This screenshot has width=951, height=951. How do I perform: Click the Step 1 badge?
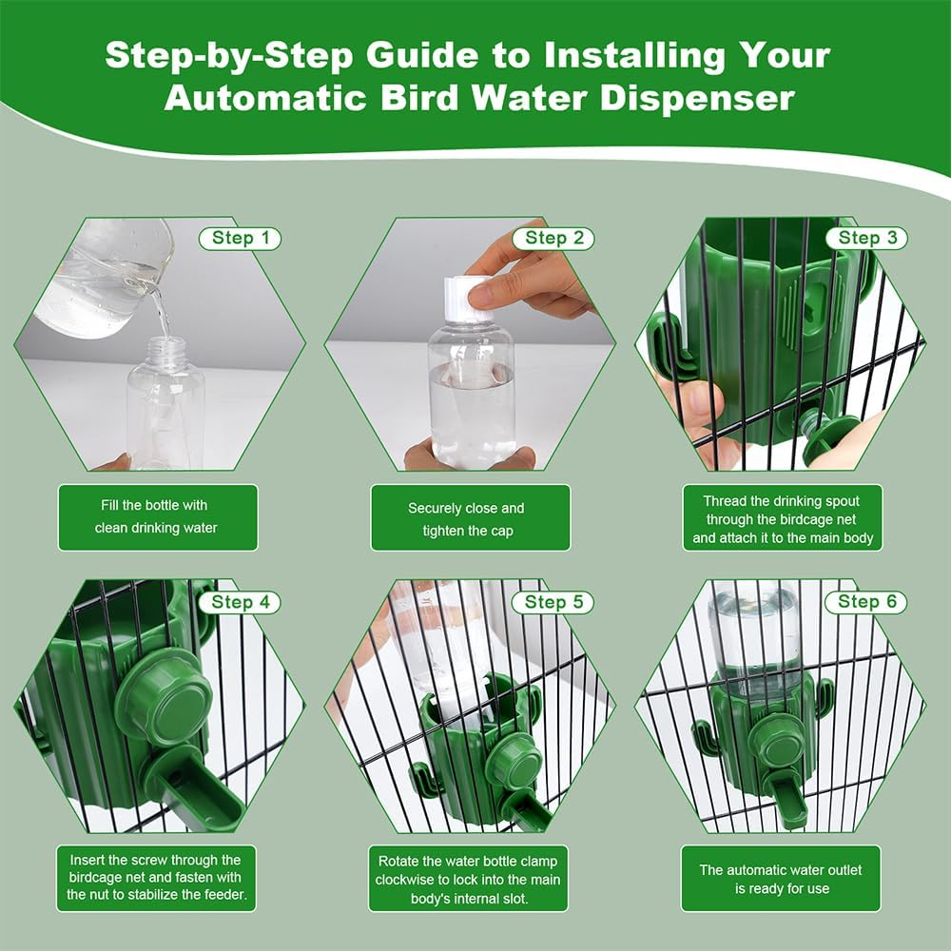(x=240, y=238)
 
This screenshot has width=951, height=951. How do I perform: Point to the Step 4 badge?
(x=240, y=602)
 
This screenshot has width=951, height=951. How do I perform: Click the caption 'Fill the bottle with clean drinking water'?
(x=157, y=516)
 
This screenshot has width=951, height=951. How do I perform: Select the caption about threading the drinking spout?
(x=783, y=518)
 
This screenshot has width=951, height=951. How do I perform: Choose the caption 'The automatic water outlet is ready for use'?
(x=783, y=880)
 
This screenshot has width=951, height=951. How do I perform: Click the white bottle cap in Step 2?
(x=469, y=298)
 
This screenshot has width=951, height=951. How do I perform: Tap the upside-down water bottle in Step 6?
(x=756, y=632)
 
